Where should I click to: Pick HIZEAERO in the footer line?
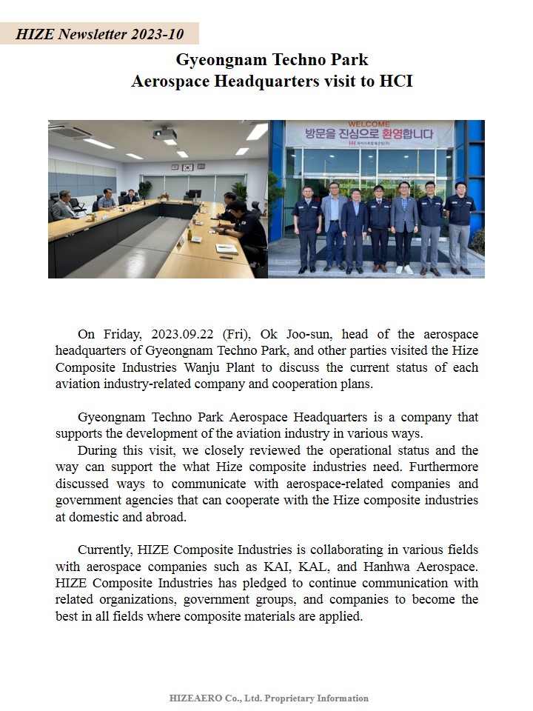tap(194, 698)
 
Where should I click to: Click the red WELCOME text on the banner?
tap(369, 124)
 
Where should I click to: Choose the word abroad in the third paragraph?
tap(167, 517)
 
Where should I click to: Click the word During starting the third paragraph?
tap(98, 450)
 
